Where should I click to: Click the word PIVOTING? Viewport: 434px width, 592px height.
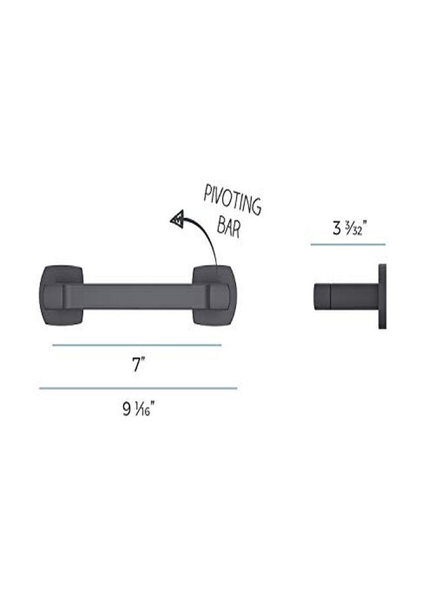[232, 201]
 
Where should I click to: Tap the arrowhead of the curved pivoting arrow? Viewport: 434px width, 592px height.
[178, 218]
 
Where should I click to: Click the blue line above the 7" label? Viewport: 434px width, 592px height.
[137, 345]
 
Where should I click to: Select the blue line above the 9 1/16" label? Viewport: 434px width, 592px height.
[138, 388]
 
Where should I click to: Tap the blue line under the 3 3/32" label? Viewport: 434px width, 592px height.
[348, 245]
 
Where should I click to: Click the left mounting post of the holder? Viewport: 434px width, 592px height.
[61, 295]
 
